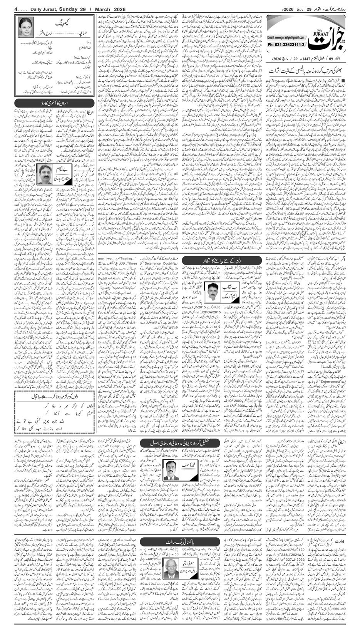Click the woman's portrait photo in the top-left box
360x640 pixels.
[25, 27]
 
